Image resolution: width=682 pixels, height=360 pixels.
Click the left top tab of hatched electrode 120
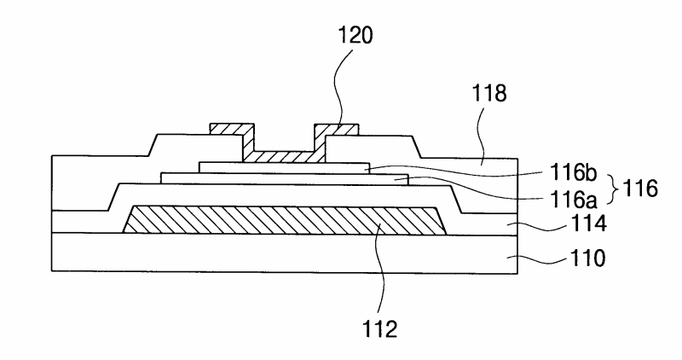(232, 131)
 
